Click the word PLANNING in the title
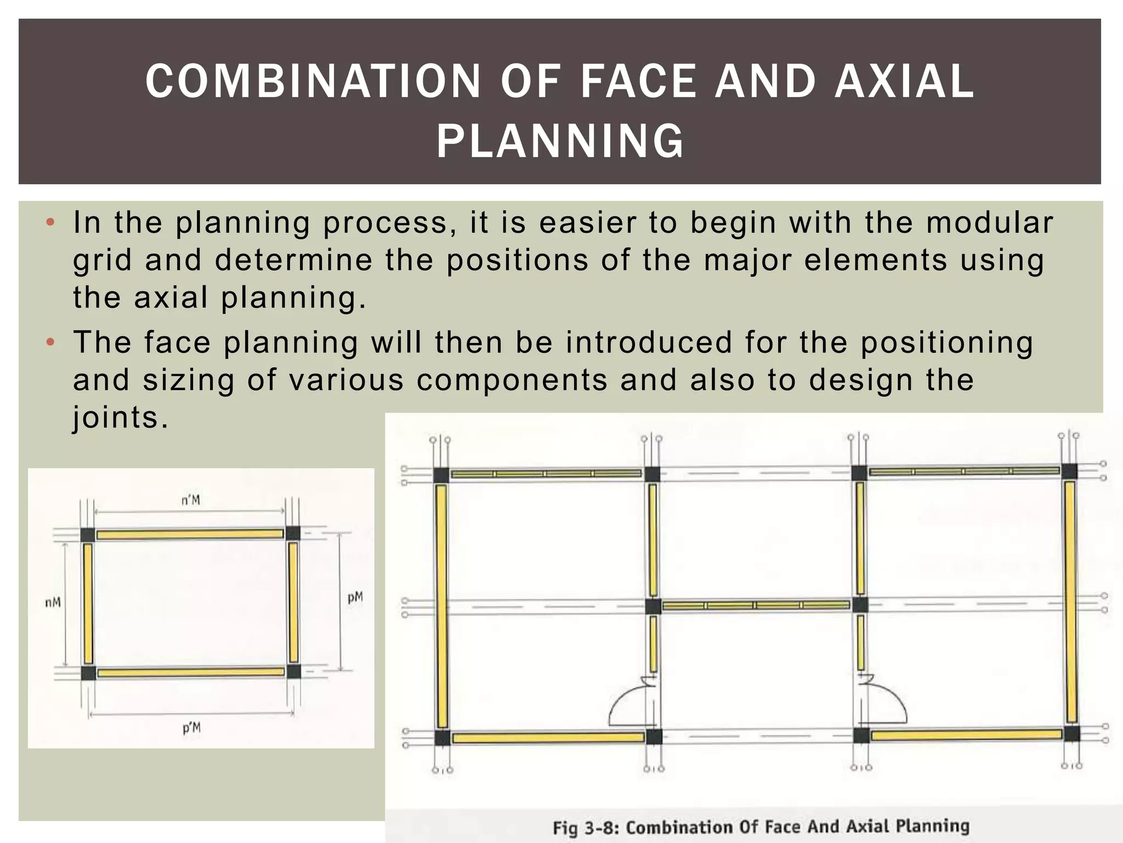[x=560, y=141]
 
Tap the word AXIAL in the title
[x=905, y=81]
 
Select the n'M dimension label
[x=191, y=500]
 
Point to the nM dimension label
[x=53, y=603]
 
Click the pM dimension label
[x=355, y=597]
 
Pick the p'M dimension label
[x=191, y=728]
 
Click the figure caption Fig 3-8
[x=761, y=827]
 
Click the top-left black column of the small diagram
[x=88, y=535]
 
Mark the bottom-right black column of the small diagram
[x=294, y=671]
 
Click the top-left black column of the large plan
[x=441, y=475]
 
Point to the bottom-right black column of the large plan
[x=1072, y=733]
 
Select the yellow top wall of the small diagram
[x=190, y=534]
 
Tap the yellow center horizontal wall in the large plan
[x=756, y=605]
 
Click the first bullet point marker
[x=50, y=223]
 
